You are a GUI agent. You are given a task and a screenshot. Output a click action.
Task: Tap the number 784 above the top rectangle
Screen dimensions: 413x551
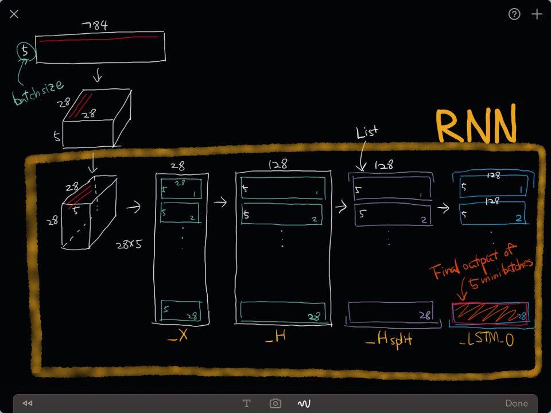(x=94, y=26)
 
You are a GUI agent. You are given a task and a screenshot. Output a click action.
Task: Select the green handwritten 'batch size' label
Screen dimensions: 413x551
(x=38, y=92)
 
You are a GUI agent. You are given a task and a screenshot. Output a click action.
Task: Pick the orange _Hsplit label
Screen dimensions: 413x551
(x=389, y=340)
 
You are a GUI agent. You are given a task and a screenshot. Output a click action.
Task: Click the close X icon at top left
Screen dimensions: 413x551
(x=14, y=14)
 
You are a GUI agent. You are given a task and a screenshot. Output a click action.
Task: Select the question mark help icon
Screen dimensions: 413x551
(x=514, y=14)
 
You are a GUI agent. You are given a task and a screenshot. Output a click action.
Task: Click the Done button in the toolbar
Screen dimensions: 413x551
(x=517, y=403)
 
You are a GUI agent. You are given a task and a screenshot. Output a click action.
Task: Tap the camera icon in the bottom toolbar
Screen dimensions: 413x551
(x=275, y=403)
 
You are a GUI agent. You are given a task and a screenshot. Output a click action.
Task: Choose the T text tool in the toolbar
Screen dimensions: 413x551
(x=247, y=403)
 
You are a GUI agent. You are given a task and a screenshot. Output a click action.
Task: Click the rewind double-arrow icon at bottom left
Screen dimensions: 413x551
(x=27, y=403)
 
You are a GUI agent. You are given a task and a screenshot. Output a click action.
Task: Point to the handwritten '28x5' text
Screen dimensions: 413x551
(x=129, y=243)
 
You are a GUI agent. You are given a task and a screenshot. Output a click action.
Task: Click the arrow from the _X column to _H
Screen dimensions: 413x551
(x=220, y=202)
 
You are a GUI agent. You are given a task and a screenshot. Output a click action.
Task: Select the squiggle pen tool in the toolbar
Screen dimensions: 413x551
(x=304, y=403)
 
